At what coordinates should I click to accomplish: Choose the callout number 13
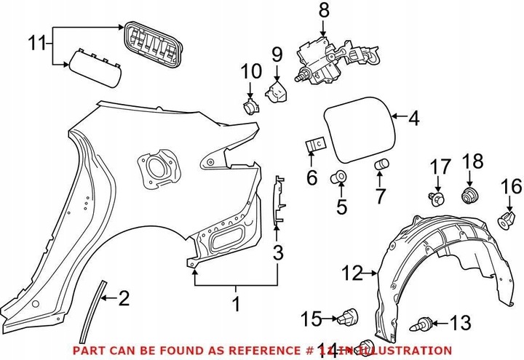tap(460, 323)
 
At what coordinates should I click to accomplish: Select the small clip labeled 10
tap(250, 108)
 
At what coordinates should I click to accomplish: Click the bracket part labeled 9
tap(277, 92)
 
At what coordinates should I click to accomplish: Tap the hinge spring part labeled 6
tap(314, 145)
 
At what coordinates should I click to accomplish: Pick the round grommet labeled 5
tap(339, 177)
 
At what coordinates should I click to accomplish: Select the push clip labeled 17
tap(437, 199)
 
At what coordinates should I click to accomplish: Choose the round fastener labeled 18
tap(470, 194)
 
